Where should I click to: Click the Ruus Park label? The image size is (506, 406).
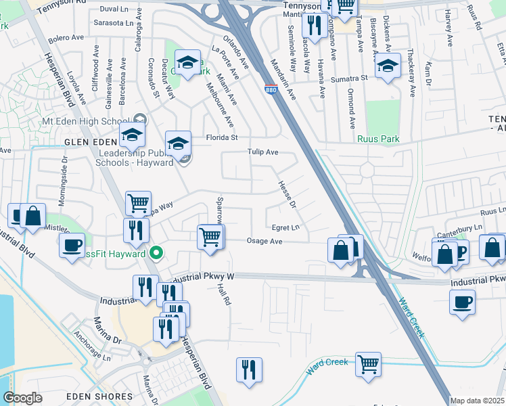[x=379, y=139]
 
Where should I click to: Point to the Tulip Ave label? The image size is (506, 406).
[x=263, y=152]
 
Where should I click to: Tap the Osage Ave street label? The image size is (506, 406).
[x=264, y=241]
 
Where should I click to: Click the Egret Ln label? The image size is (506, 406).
[x=285, y=227]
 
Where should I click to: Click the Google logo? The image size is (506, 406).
[x=22, y=398]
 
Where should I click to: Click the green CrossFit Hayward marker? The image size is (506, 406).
[x=156, y=254]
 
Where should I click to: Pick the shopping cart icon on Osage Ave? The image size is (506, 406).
[x=210, y=237]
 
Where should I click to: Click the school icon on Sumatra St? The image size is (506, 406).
[x=388, y=67]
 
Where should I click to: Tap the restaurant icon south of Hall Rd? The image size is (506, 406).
[x=248, y=369]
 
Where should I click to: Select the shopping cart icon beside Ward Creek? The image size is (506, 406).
[x=368, y=365]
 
